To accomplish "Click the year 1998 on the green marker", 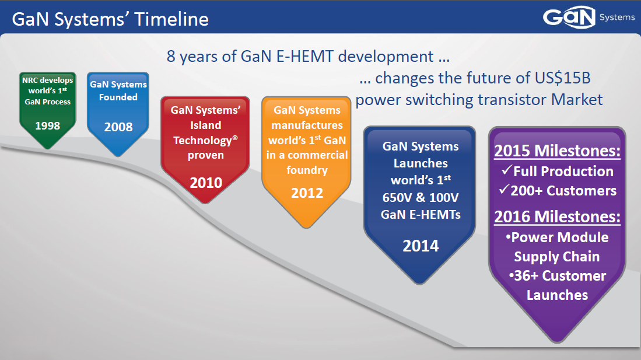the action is click(47, 125).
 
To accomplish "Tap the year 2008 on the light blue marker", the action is click(118, 127).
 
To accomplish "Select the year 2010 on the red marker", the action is click(206, 183).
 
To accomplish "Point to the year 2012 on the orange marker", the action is click(307, 193).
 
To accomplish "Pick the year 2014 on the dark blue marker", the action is click(421, 246).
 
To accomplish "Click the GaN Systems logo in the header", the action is click(589, 17).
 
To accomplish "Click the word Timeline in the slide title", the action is click(171, 19).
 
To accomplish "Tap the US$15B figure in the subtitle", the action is click(562, 78).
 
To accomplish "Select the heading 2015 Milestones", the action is click(557, 151).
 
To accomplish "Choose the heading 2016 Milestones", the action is click(557, 217).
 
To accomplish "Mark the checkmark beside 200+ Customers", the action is click(504, 189).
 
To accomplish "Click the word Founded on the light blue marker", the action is click(118, 97).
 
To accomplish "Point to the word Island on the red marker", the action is click(206, 125).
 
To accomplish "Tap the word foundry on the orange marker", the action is click(307, 170).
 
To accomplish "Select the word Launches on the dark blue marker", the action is click(421, 163).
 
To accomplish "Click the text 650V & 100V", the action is click(421, 198).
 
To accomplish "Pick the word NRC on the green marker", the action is click(29, 80).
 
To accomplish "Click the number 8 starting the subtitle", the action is click(171, 57).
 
